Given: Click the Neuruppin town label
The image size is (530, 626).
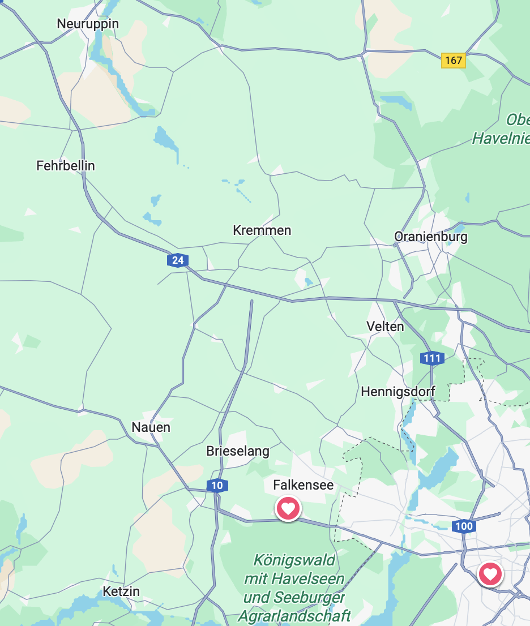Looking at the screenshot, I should pos(88,24).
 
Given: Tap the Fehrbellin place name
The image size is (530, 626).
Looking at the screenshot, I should pos(66,166).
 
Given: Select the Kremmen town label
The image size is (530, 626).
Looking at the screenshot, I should pos(262,230).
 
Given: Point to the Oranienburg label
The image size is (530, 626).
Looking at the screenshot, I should pos(431,237).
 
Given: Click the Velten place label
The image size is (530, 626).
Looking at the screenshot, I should pos(386,327).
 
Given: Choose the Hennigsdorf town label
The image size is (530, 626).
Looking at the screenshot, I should pos(398,392).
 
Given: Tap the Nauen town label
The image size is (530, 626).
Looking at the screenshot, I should pos(151,427).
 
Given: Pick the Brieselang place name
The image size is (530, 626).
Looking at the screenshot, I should pos(238,452).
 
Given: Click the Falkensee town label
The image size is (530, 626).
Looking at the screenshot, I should pos(304,485).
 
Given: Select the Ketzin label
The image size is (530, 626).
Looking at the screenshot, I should pos(121,591).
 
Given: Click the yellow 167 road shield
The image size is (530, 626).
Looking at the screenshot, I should pos(454,60).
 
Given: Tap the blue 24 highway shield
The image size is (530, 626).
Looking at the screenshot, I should pos(178,260).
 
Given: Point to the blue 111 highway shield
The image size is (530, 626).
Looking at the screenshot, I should pos(432,358).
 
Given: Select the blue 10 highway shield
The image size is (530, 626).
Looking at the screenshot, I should pos(217,486).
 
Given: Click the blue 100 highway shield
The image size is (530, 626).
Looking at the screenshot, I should pos(463,526).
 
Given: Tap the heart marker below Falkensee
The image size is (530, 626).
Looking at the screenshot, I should pos(288,508).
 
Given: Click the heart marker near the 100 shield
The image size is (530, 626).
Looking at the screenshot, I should pos(490,574).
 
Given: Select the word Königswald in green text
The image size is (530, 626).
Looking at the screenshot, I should pos(294,560).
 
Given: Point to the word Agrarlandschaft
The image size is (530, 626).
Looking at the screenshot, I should pos(294,616).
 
